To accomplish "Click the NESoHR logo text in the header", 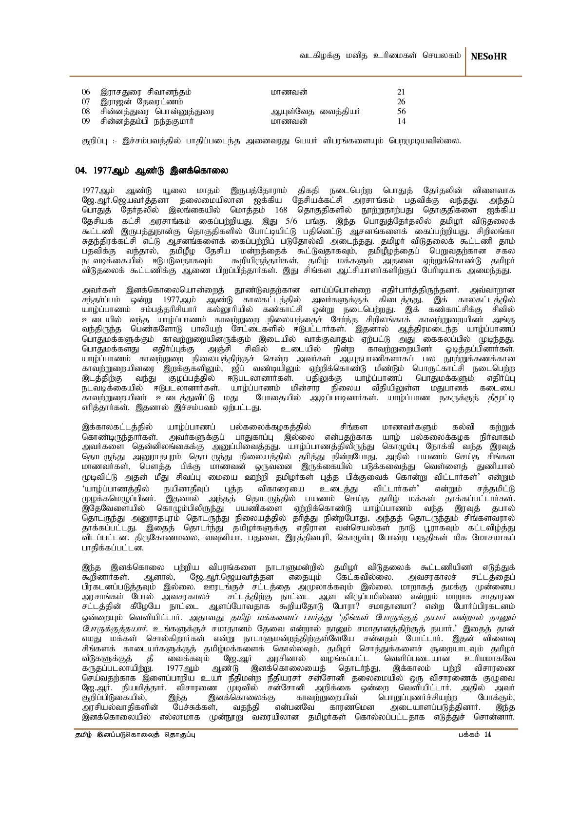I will coord(489,57).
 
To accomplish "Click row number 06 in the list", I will coord(86,92).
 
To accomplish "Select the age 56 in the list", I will coord(402,111).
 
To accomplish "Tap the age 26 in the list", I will coord(402,101).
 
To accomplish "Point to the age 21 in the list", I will coord(402,92).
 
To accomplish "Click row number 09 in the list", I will coord(86,121).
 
